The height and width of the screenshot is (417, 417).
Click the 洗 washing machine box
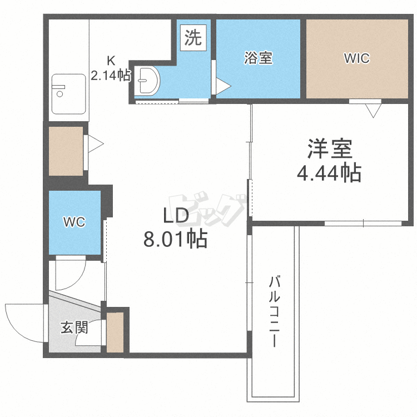click(192, 37)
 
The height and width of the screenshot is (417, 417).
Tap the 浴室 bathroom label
click(258, 58)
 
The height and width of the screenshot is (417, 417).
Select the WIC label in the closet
click(356, 58)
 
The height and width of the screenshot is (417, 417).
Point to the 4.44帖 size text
click(329, 174)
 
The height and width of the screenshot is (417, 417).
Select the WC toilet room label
click(74, 222)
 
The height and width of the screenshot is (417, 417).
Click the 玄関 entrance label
click(73, 327)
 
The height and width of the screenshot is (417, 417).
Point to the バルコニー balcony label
click(274, 311)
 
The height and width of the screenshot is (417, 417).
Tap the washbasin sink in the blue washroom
click(147, 82)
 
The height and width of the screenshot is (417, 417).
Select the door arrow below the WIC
click(373, 111)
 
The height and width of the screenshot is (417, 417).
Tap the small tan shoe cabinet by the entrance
click(115, 332)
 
